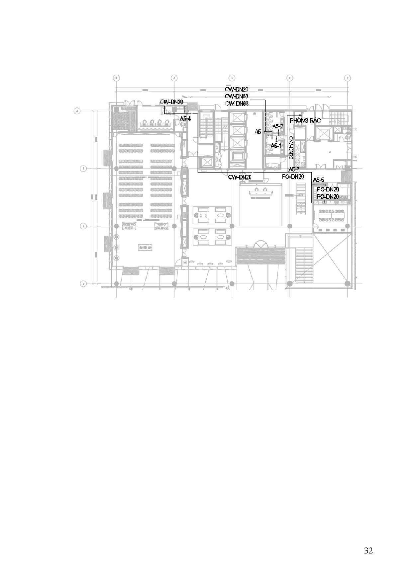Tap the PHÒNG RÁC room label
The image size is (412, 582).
point(305,120)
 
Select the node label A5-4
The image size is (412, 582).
point(185,118)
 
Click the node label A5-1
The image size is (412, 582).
point(276,145)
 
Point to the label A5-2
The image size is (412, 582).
point(278,126)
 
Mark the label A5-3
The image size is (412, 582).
point(294,169)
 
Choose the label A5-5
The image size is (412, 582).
point(318,180)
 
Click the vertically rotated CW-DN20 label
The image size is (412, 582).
point(291,148)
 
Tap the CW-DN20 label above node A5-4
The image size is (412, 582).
point(171,102)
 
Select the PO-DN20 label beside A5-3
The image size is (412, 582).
point(293,177)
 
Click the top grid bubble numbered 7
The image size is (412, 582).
point(347,78)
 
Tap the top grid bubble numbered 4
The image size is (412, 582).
point(174,78)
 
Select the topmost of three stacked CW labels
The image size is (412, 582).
point(237,89)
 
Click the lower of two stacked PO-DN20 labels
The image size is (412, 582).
point(328,197)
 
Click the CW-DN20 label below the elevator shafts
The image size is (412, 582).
point(240,177)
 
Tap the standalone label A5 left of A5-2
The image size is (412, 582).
point(258,132)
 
